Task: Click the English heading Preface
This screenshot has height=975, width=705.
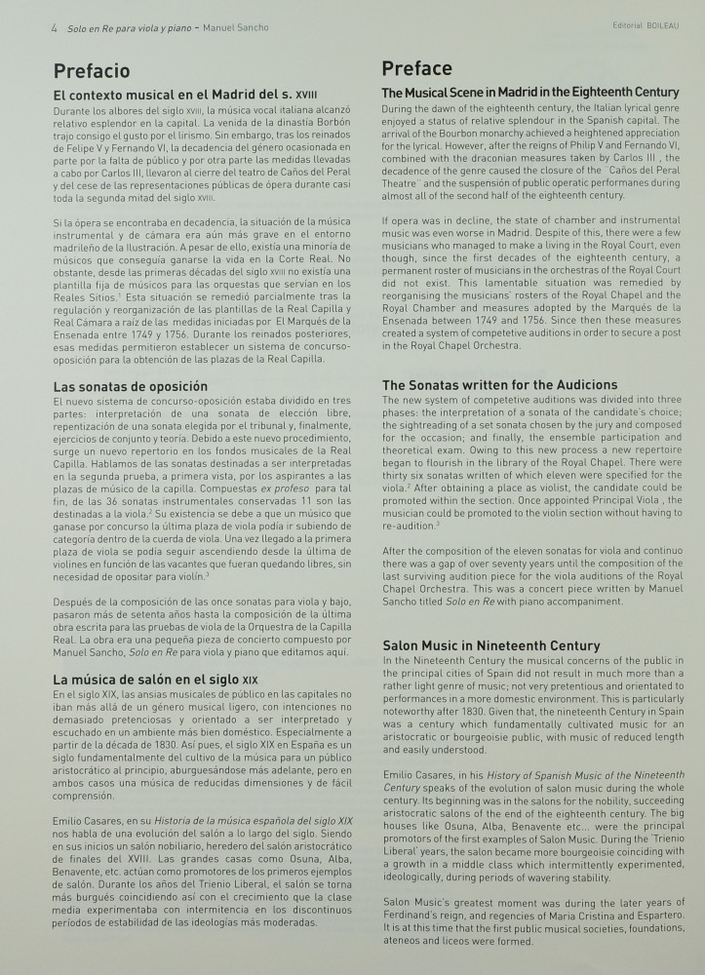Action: click(x=416, y=68)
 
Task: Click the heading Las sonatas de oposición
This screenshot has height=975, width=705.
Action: click(x=130, y=386)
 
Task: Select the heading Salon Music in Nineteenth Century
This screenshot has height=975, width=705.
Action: click(x=490, y=645)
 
